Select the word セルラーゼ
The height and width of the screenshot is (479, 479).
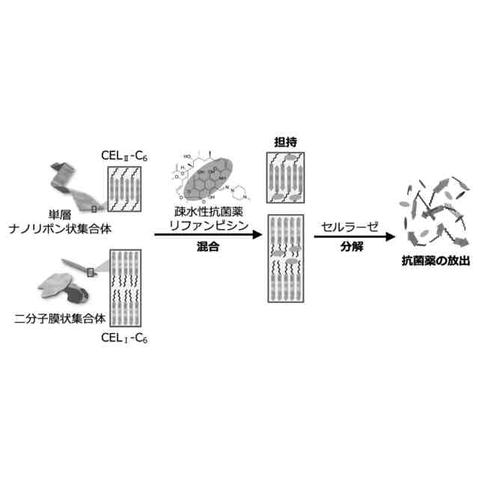click(x=345, y=225)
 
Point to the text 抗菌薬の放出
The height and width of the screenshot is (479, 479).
click(x=437, y=260)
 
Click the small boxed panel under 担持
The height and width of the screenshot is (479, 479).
click(x=287, y=177)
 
